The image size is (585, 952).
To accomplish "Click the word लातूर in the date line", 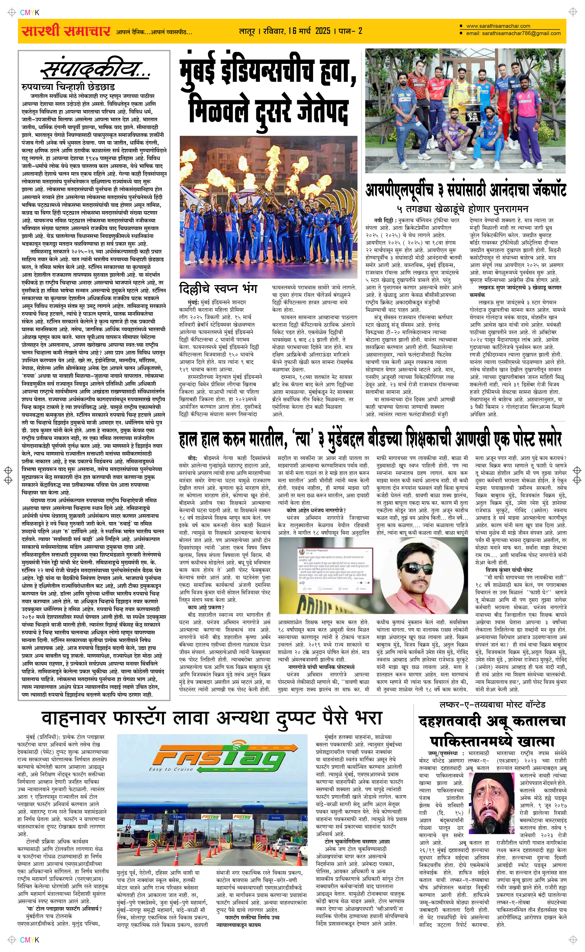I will click(247, 31).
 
